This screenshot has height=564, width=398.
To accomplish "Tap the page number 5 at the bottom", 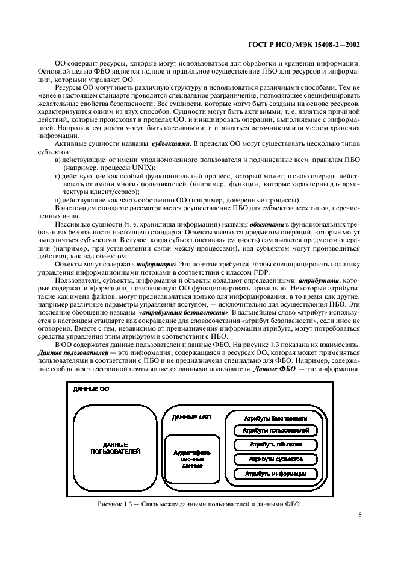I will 359,515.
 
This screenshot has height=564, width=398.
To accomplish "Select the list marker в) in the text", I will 58,160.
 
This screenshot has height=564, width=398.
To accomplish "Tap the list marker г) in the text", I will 58,176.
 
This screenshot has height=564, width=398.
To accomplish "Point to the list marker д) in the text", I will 58,200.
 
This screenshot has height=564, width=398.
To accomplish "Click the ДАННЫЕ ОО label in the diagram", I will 91,390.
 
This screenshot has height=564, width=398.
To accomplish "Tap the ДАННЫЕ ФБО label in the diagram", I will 191,417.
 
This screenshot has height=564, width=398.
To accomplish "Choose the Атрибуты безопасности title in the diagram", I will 275,418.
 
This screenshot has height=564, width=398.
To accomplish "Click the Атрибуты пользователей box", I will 275,431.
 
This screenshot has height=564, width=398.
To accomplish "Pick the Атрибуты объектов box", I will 275,445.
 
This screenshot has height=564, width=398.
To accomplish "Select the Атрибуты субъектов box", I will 275,459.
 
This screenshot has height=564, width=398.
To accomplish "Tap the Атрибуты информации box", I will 275,474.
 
